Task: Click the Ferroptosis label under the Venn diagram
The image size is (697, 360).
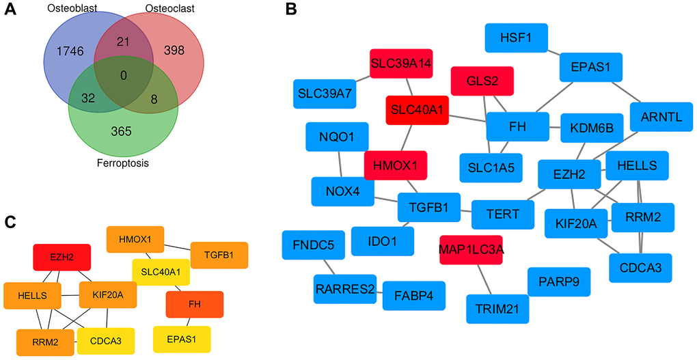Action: (x=123, y=164)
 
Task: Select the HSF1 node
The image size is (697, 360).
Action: (x=514, y=38)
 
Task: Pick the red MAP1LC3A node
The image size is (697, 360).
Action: (x=472, y=249)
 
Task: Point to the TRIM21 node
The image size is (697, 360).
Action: (x=497, y=309)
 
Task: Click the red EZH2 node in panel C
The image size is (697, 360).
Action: (x=62, y=256)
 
